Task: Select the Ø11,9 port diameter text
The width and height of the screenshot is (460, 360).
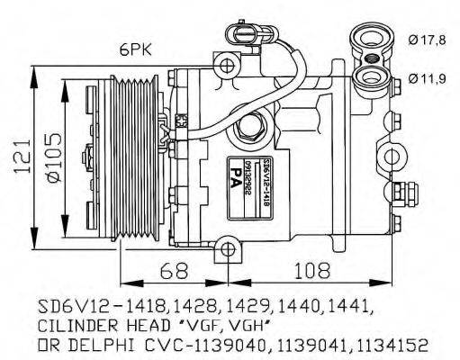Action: coord(427,78)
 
